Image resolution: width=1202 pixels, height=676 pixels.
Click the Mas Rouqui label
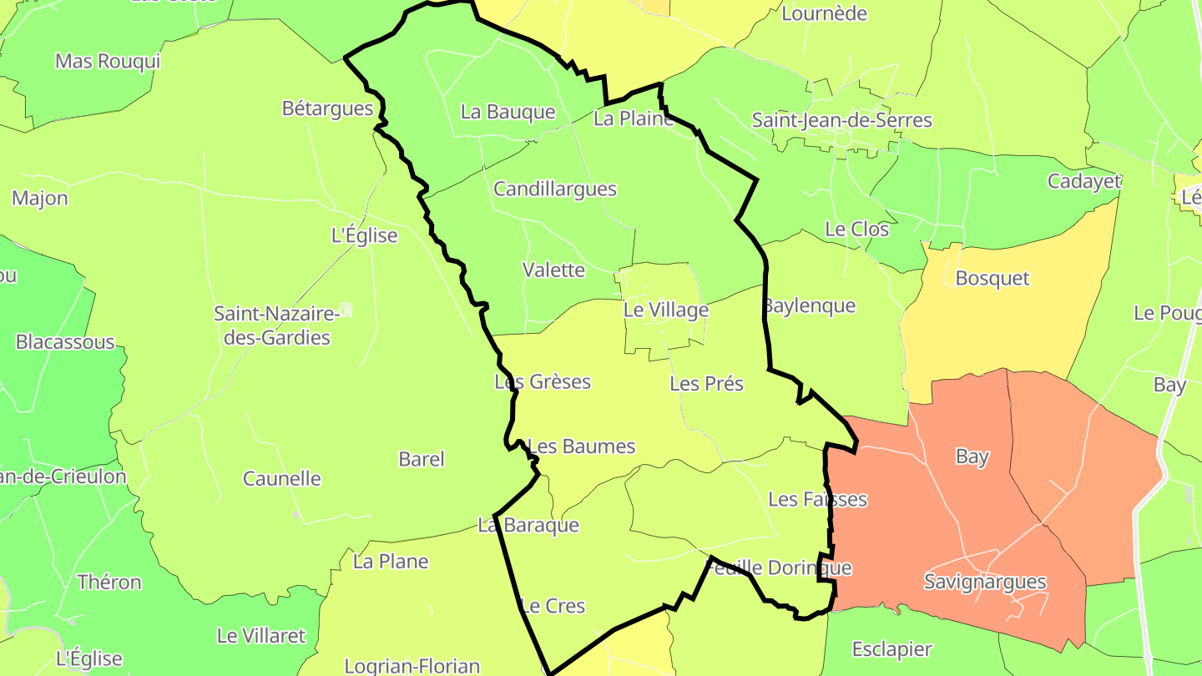(x=107, y=61)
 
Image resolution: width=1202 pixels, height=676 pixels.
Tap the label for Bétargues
(x=327, y=108)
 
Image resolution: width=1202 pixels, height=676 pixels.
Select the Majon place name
(x=40, y=199)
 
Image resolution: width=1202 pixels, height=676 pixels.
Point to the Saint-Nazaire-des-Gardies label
(x=276, y=325)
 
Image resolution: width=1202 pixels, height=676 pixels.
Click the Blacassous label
(x=65, y=342)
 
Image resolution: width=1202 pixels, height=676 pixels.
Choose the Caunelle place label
(x=282, y=479)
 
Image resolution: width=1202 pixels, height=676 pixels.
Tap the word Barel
(x=422, y=459)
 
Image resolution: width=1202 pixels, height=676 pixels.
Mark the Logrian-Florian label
(x=412, y=666)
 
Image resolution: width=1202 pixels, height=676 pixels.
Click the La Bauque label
(x=508, y=112)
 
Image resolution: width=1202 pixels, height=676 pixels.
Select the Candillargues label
(x=555, y=189)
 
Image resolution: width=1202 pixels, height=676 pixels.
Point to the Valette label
(x=553, y=270)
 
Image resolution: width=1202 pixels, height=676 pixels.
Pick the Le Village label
(x=666, y=310)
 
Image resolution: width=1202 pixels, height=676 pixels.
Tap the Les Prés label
(x=706, y=384)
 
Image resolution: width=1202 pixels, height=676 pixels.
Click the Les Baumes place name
(x=582, y=446)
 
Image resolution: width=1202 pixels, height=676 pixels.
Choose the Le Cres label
(x=553, y=606)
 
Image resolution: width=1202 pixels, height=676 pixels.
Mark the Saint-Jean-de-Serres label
(x=841, y=120)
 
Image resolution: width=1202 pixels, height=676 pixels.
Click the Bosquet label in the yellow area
(x=992, y=279)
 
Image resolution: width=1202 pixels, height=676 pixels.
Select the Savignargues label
(x=985, y=582)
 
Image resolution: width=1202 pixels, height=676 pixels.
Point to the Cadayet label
(x=1084, y=182)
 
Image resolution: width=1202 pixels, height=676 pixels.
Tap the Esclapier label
(x=891, y=649)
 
